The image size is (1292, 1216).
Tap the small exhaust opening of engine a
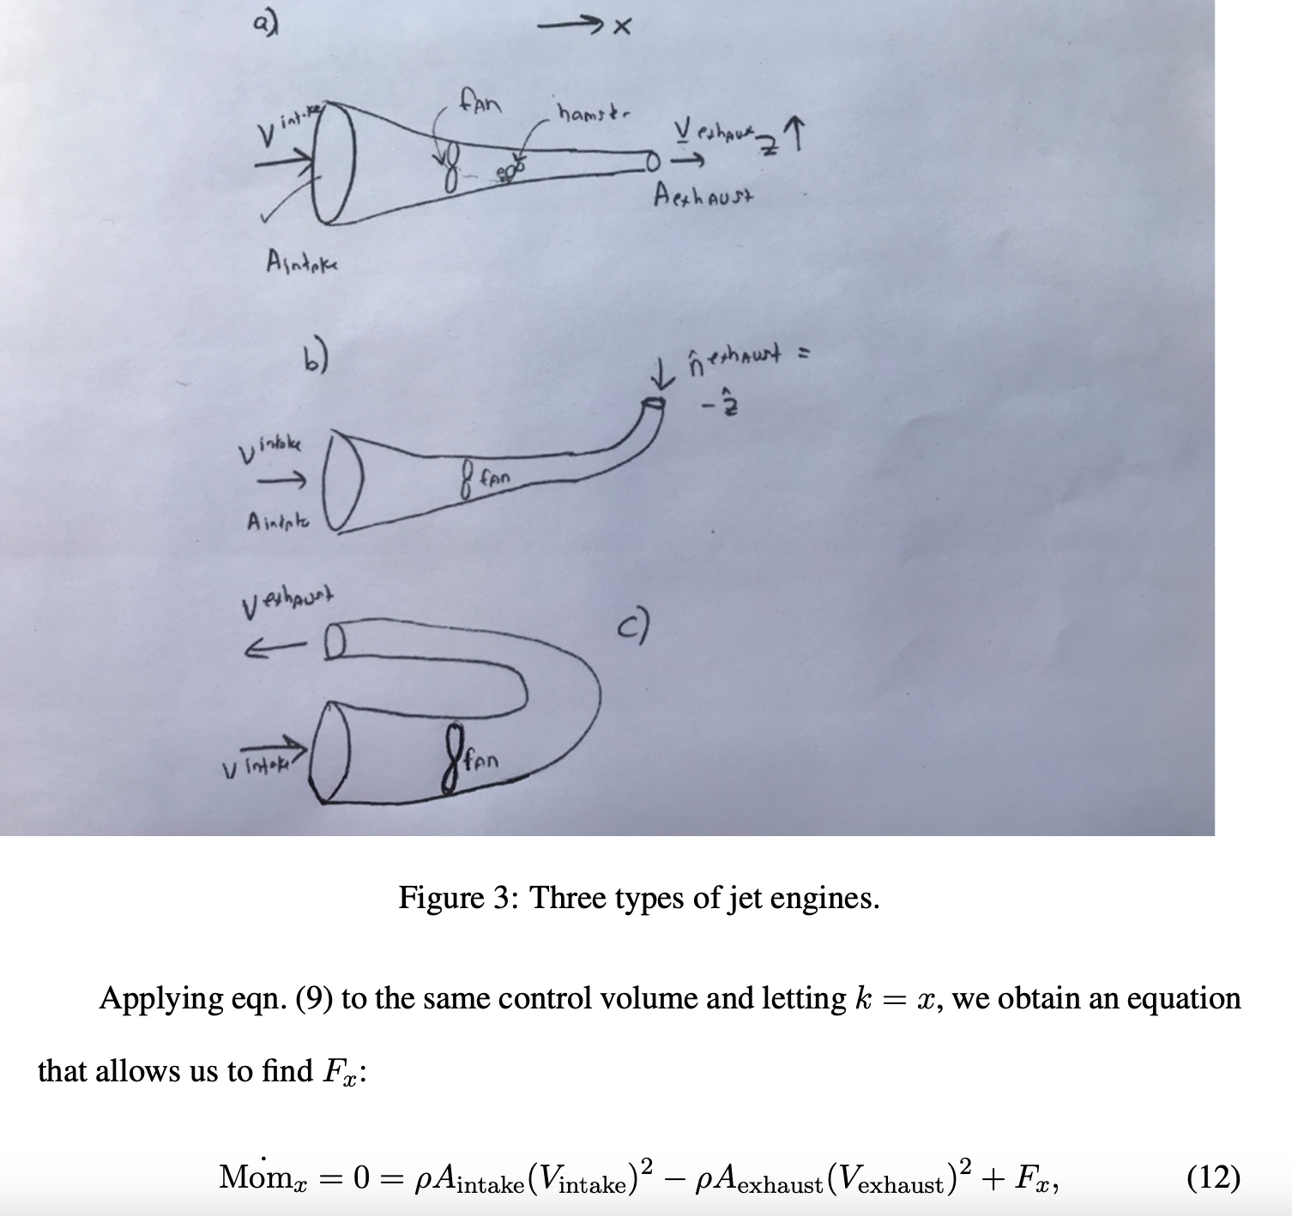(651, 160)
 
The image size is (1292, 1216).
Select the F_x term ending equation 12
(1038, 1180)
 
